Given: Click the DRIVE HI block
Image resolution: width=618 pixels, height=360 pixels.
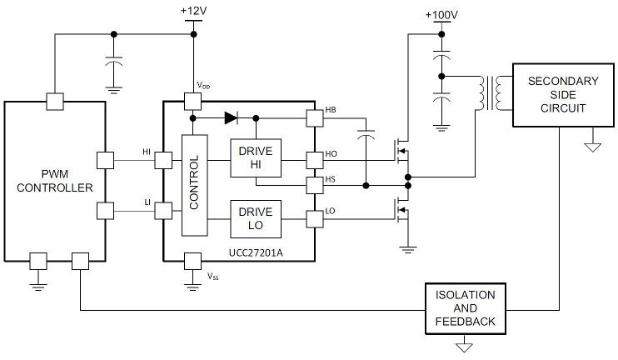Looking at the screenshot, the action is tap(256, 157).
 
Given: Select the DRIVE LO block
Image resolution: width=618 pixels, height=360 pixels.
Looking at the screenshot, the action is tap(256, 219).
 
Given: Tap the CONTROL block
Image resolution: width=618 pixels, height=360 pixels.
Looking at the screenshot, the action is tap(194, 185).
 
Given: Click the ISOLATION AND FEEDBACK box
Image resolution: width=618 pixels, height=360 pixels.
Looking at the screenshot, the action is tap(466, 308).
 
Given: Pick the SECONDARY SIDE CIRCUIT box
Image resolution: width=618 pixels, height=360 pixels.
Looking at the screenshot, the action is tap(563, 95).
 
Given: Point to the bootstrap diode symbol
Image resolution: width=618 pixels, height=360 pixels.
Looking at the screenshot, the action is tap(231, 117).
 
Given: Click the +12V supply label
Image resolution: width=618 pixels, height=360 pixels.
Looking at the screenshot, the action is tap(193, 11).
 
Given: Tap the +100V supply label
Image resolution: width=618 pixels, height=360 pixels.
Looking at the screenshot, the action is tap(441, 15).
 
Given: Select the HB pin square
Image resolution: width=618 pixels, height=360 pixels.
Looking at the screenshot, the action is tap(315, 117).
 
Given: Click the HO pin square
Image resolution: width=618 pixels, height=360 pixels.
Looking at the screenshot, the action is tap(315, 161).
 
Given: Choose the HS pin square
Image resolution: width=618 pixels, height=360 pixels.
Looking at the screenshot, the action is tap(315, 185).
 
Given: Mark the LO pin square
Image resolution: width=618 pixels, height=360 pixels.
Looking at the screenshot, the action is tap(315, 219).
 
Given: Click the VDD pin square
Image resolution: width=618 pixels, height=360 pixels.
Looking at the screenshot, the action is tap(192, 102).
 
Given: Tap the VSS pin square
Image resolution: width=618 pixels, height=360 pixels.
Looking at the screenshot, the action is tap(192, 261).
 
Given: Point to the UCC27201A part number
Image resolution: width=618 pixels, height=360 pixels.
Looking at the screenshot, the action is tap(256, 252).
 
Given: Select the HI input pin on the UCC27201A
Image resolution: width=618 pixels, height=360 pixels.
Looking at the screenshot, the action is tap(163, 161).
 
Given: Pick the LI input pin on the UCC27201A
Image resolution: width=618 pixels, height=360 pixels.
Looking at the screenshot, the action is tap(163, 211).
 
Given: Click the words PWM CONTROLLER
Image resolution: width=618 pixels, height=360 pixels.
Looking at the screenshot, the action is tap(55, 181).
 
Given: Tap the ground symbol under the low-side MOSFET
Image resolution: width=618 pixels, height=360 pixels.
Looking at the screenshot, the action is tap(408, 250).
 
